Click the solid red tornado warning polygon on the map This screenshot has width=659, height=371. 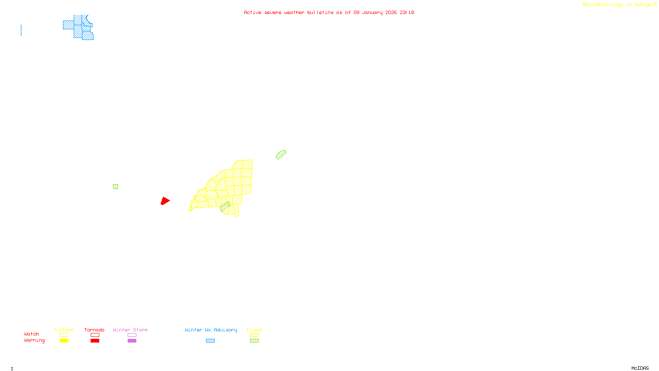pyautogui.click(x=165, y=201)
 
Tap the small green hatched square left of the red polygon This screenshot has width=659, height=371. pyautogui.click(x=115, y=187)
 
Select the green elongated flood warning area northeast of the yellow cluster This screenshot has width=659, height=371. pyautogui.click(x=281, y=155)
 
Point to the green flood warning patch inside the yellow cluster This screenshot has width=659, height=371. pyautogui.click(x=224, y=208)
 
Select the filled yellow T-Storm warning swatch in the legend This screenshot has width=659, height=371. pyautogui.click(x=64, y=341)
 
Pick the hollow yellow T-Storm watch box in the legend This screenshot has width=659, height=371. pyautogui.click(x=64, y=335)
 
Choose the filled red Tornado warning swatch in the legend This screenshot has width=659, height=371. pyautogui.click(x=95, y=341)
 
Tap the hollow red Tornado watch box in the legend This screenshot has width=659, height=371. pyautogui.click(x=95, y=335)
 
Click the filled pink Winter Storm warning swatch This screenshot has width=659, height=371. pyautogui.click(x=132, y=341)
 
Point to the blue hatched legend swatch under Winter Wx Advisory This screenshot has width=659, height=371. pyautogui.click(x=210, y=341)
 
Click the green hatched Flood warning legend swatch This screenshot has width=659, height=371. pyautogui.click(x=254, y=341)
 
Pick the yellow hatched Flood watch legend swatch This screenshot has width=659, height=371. pyautogui.click(x=254, y=335)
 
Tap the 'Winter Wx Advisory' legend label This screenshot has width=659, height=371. pyautogui.click(x=211, y=330)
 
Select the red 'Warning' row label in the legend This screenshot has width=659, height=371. pyautogui.click(x=34, y=340)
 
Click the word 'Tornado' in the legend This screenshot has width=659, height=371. pyautogui.click(x=94, y=330)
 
